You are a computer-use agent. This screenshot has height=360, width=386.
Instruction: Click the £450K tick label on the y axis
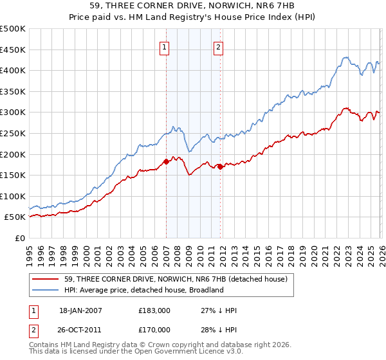pyautogui.click(x=13, y=50)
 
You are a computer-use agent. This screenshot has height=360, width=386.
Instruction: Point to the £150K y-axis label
pyautogui.click(x=13, y=175)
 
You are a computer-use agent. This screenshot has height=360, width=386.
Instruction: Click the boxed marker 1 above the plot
pyautogui.click(x=165, y=46)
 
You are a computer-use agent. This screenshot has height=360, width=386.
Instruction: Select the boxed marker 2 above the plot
pyautogui.click(x=219, y=46)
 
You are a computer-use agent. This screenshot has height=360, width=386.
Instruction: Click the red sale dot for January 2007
pyautogui.click(x=166, y=161)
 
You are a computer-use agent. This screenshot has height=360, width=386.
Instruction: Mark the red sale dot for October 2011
pyautogui.click(x=220, y=166)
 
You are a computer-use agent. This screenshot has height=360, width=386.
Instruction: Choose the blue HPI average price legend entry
pyautogui.click(x=143, y=290)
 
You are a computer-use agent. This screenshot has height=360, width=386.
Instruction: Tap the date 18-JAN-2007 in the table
pyautogui.click(x=80, y=310)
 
